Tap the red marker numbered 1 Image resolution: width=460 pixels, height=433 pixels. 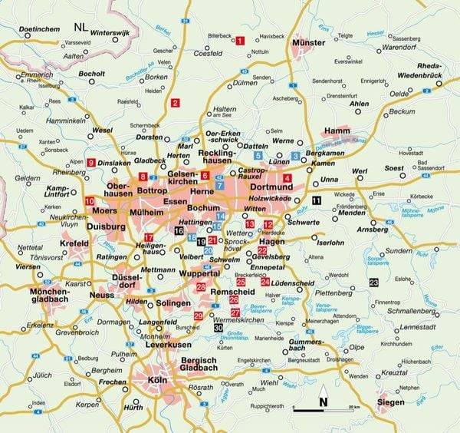(240, 41)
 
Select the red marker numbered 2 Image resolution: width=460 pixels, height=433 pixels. (176, 103)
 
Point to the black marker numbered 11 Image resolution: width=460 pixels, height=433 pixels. (317, 200)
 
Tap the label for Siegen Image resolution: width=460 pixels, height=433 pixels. (392, 401)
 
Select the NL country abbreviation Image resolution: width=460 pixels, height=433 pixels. (80, 27)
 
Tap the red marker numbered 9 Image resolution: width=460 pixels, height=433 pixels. (91, 162)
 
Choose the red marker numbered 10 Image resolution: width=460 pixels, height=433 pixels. (90, 201)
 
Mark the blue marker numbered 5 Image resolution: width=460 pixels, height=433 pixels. (258, 155)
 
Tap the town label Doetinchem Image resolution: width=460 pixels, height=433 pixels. (33, 28)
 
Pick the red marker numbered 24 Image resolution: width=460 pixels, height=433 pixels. (264, 283)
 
